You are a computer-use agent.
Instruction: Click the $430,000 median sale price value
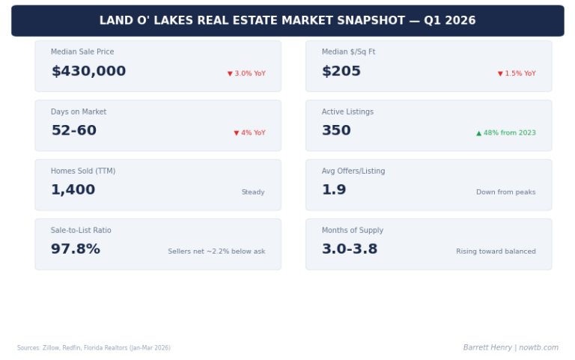[88, 72]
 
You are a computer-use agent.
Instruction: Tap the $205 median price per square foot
[341, 72]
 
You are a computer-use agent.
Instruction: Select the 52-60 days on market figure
[73, 131]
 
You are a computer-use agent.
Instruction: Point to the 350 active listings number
[336, 131]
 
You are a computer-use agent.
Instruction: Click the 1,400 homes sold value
[73, 190]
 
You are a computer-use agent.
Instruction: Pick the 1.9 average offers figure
[334, 190]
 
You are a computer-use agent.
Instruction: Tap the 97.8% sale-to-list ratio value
[76, 249]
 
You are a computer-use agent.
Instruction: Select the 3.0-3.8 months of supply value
[350, 249]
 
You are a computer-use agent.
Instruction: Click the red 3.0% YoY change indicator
[246, 73]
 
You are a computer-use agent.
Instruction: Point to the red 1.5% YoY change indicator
[517, 73]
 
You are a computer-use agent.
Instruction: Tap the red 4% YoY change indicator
[249, 133]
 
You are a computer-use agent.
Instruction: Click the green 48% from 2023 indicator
[506, 133]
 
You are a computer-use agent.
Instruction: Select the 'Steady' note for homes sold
[253, 192]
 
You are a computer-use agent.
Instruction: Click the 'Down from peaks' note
[506, 192]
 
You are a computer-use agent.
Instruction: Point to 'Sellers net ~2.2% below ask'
[216, 251]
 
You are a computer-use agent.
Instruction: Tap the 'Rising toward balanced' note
[496, 251]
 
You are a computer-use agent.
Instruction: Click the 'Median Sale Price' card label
[82, 52]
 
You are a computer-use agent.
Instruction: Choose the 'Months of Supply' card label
[353, 231]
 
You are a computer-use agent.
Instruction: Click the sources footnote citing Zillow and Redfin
[94, 348]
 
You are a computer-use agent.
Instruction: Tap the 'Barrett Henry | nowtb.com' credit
[511, 347]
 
